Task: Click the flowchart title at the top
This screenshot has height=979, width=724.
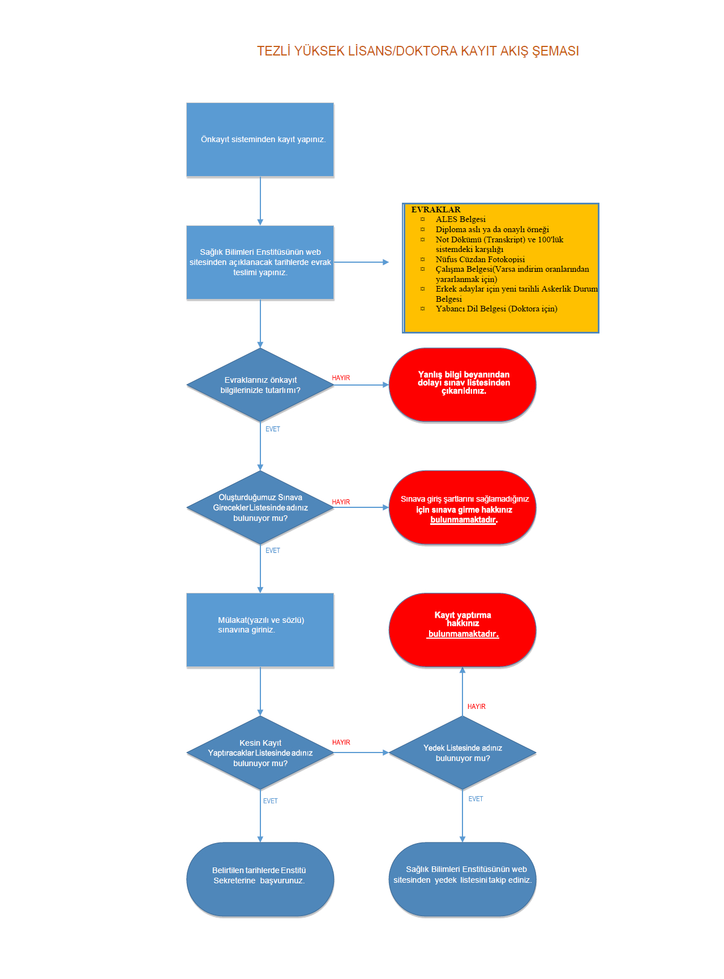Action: [x=418, y=51]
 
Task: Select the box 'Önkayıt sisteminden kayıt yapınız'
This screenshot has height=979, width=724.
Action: [x=260, y=140]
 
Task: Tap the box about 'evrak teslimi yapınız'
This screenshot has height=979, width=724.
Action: [x=260, y=263]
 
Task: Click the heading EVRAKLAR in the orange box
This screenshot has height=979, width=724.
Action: [x=436, y=210]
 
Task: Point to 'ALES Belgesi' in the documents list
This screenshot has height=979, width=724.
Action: [x=461, y=219]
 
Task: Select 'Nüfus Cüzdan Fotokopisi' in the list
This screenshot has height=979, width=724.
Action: [x=480, y=259]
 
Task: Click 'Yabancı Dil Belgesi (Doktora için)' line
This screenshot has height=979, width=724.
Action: [x=496, y=309]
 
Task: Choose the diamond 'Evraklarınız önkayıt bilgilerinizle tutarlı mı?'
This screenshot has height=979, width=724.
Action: [x=260, y=385]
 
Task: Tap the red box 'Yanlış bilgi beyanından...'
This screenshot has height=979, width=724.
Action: [x=462, y=385]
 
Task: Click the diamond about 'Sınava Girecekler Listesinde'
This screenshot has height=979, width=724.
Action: [x=260, y=507]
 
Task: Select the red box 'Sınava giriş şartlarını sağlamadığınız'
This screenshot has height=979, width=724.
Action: [x=462, y=507]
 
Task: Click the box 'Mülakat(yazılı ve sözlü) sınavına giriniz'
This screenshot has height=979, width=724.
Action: [x=260, y=630]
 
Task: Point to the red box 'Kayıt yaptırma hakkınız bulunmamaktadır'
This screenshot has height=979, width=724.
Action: [x=462, y=630]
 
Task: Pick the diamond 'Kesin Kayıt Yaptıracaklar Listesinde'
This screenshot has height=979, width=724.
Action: [x=260, y=753]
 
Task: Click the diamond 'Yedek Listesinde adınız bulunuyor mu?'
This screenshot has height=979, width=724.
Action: [x=462, y=753]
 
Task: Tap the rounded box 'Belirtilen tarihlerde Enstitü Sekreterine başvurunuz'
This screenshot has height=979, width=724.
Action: [x=260, y=879]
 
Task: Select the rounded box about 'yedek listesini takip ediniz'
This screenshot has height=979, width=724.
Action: [x=462, y=879]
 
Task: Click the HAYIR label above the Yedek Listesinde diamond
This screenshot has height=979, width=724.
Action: [x=477, y=707]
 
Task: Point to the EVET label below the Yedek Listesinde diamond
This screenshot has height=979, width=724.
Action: [x=475, y=799]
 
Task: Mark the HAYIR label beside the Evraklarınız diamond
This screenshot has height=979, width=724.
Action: [x=341, y=378]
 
